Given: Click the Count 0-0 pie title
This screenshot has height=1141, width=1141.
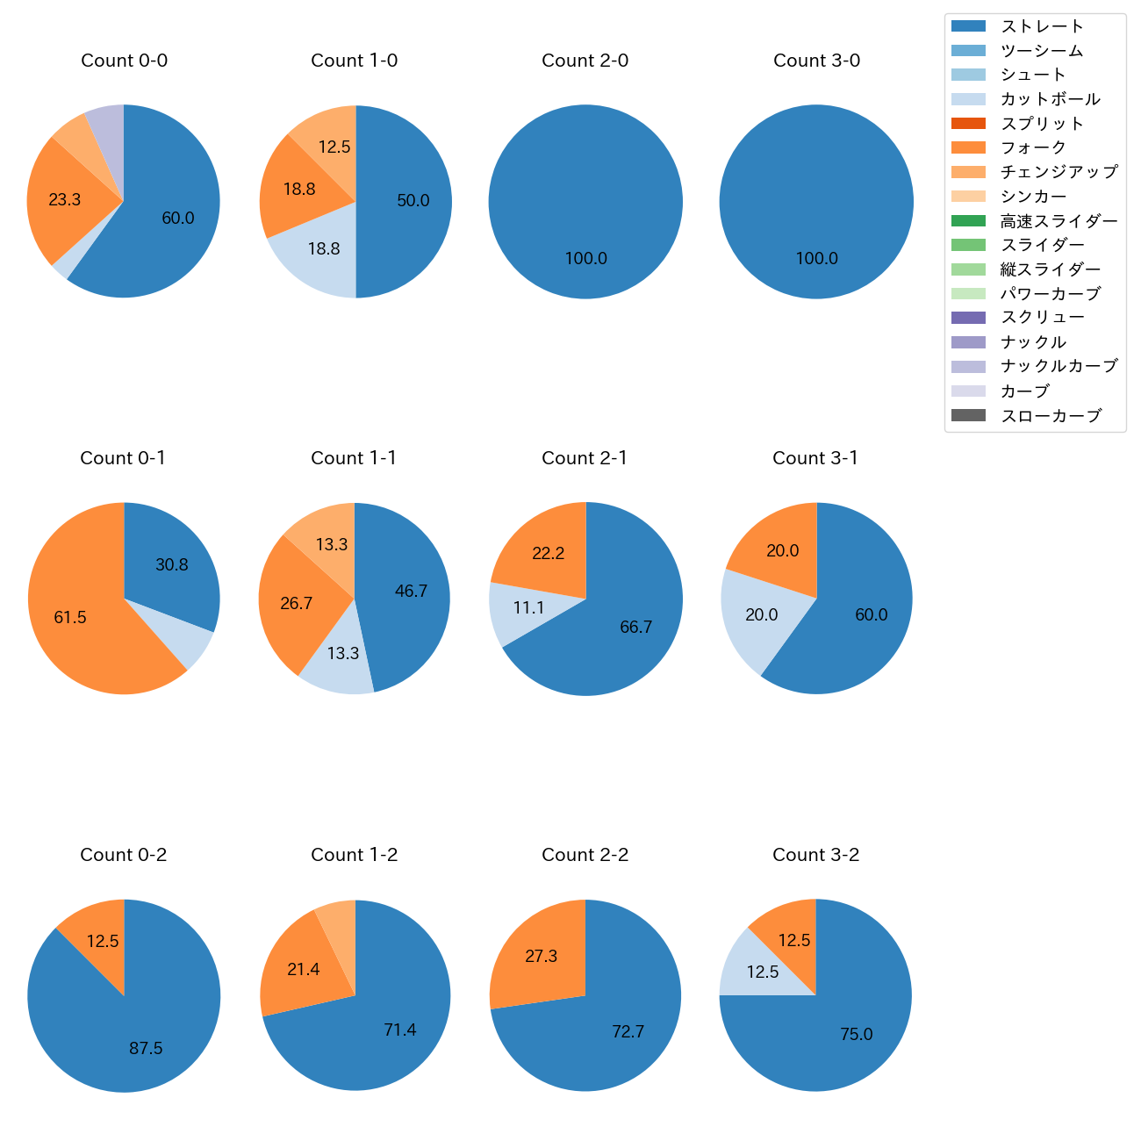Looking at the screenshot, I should pos(125,61).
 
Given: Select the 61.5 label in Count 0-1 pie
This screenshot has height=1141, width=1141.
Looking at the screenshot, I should pos(70,618).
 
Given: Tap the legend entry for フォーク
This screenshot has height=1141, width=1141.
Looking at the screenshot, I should pos(1033,147).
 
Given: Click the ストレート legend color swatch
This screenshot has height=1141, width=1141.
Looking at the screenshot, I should pos(968,26).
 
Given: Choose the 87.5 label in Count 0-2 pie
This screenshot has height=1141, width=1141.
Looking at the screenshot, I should pos(146,1049).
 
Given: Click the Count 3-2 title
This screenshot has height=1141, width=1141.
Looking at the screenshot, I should pos(815,855).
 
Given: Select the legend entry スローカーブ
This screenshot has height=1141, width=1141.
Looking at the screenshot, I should pos(1051,416).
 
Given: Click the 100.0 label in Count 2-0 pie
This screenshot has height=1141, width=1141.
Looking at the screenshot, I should pos(585,259).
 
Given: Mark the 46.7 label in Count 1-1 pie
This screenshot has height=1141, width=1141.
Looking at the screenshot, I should pos(411,592).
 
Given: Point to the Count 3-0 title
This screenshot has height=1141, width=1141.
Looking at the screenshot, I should pos(816,61).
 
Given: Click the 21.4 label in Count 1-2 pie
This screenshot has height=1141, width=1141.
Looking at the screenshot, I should pos(303,970).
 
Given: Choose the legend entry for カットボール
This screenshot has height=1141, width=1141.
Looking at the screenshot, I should pos(1050,99).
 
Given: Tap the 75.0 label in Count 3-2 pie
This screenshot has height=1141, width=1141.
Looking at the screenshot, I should pos(856,1035).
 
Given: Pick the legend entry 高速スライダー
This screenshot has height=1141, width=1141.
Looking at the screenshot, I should pos(1058,221).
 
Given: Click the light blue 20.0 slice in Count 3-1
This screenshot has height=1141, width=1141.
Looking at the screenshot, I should pos(757,619).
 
